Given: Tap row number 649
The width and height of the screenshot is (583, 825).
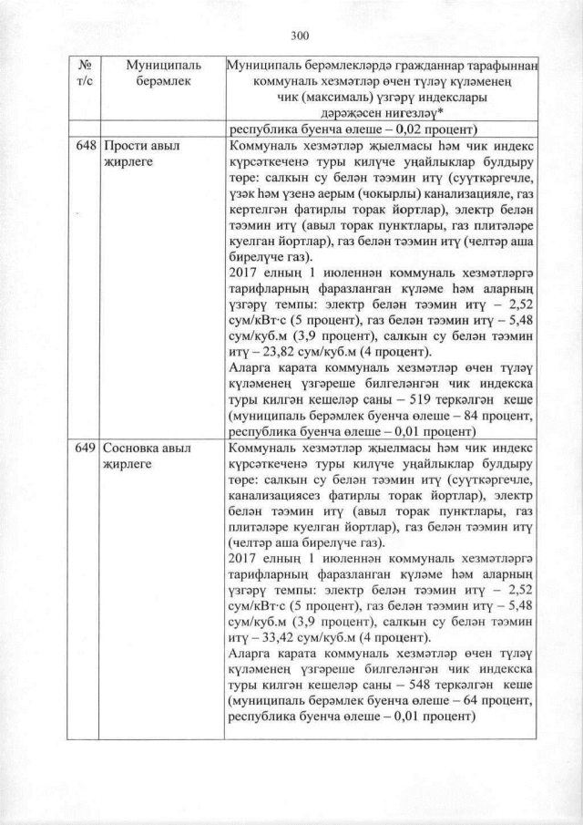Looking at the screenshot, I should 87,449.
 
